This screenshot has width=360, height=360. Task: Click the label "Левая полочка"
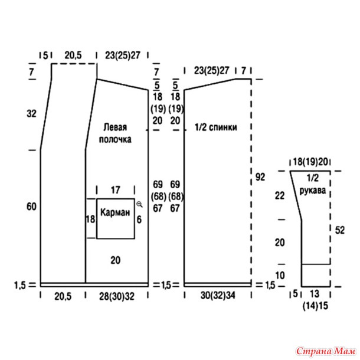pos(115,133)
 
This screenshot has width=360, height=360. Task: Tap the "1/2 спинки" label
pos(215,127)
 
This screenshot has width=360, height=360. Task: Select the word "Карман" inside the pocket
pos(115,212)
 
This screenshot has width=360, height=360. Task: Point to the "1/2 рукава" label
pos(312,184)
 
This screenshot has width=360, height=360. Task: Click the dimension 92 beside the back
pos(260,177)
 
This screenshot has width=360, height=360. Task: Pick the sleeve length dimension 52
pos(340,230)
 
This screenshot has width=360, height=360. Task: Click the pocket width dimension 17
pos(115,190)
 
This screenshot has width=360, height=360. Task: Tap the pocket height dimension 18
pos(90,219)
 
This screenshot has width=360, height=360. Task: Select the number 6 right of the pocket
pos(139,220)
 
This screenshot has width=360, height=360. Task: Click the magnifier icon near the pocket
pos(140,204)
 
